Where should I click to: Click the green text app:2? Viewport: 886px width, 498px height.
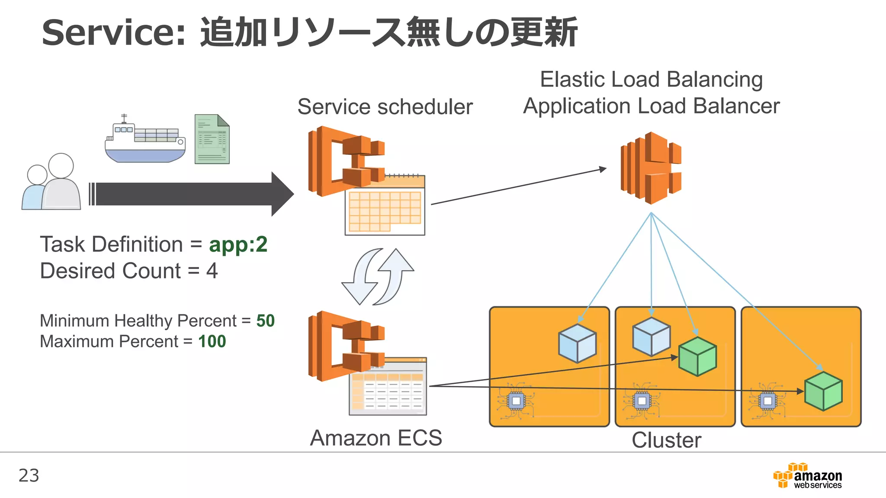click(238, 245)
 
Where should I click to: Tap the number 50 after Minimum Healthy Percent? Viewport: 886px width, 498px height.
click(265, 321)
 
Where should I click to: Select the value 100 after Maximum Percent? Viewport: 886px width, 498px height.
click(212, 342)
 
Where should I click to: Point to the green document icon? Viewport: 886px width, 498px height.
click(212, 139)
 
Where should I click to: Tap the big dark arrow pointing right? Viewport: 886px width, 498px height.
click(190, 194)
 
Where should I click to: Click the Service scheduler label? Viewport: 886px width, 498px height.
click(385, 107)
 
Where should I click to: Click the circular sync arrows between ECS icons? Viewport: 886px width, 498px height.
click(377, 277)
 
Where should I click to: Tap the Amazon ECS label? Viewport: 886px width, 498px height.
click(376, 438)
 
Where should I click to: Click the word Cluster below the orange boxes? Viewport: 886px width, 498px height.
click(666, 440)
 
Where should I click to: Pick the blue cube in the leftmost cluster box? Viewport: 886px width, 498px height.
click(577, 343)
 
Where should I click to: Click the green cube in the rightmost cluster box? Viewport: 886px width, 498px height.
click(823, 391)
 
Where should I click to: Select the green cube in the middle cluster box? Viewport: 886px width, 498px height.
click(697, 356)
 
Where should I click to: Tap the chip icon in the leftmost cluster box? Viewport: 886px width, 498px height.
click(516, 401)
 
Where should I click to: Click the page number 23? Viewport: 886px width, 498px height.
click(29, 476)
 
